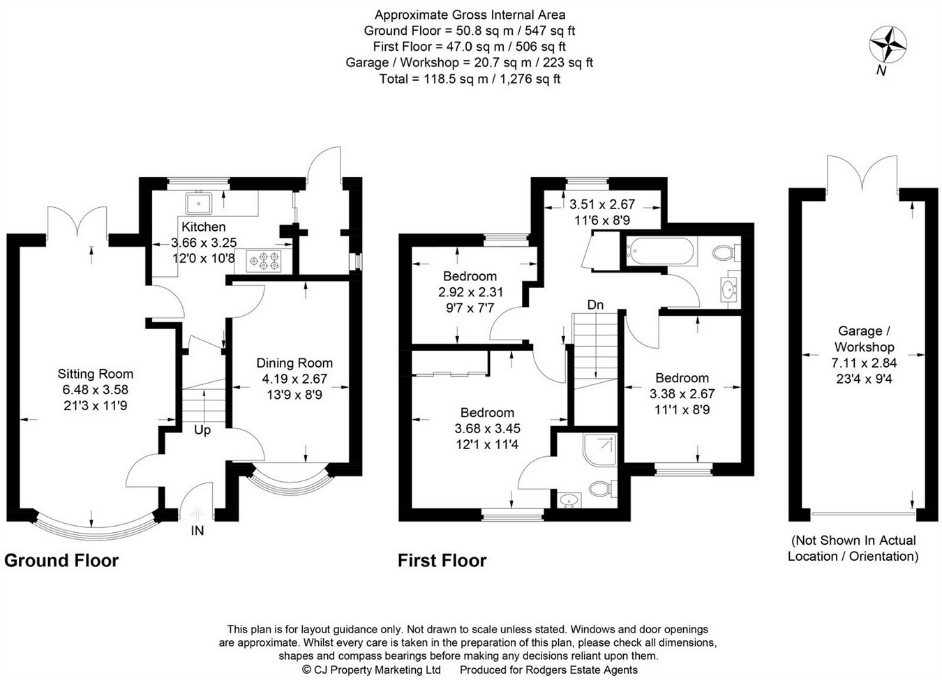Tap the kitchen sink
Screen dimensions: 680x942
200,203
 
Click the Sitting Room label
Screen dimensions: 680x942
95,374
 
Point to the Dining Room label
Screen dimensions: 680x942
294,363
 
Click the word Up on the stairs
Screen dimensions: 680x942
202,430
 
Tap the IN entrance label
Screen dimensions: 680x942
198,531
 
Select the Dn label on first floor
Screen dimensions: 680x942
595,305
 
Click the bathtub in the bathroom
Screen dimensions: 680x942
661,251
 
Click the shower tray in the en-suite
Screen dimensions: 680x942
599,450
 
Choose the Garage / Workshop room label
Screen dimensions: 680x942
863,339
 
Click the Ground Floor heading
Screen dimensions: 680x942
61,561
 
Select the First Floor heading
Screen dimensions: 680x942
442,561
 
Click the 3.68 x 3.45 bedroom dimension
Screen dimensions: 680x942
487,429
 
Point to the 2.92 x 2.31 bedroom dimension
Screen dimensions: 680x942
470,292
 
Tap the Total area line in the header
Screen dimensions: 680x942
470,79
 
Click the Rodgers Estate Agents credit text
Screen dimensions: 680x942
548,670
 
